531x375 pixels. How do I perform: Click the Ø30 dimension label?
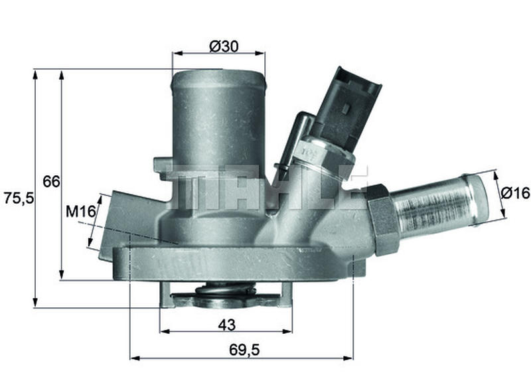(x=224, y=46)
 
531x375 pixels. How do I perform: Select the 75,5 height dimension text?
(x=19, y=198)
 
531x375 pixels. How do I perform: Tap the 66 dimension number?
(x=51, y=182)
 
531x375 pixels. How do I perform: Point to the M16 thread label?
(x=80, y=212)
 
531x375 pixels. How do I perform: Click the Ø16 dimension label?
(x=515, y=192)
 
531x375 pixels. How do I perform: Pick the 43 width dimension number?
(x=226, y=325)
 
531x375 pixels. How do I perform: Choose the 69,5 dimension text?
(x=244, y=350)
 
